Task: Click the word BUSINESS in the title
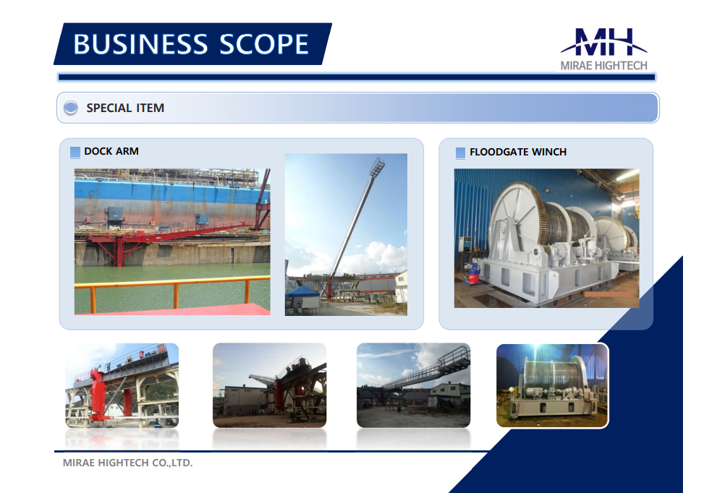click(140, 44)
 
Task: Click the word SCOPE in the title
click(264, 44)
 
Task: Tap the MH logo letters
click(604, 42)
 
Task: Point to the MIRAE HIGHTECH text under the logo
click(604, 66)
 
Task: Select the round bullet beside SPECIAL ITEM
click(70, 108)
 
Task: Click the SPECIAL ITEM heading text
click(125, 108)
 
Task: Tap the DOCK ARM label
click(111, 151)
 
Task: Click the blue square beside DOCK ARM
click(75, 152)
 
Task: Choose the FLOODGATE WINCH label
click(518, 152)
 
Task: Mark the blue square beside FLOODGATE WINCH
click(460, 153)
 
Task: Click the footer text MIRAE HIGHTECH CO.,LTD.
click(127, 463)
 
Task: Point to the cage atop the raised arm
click(377, 168)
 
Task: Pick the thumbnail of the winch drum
click(552, 386)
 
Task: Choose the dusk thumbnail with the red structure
click(270, 385)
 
